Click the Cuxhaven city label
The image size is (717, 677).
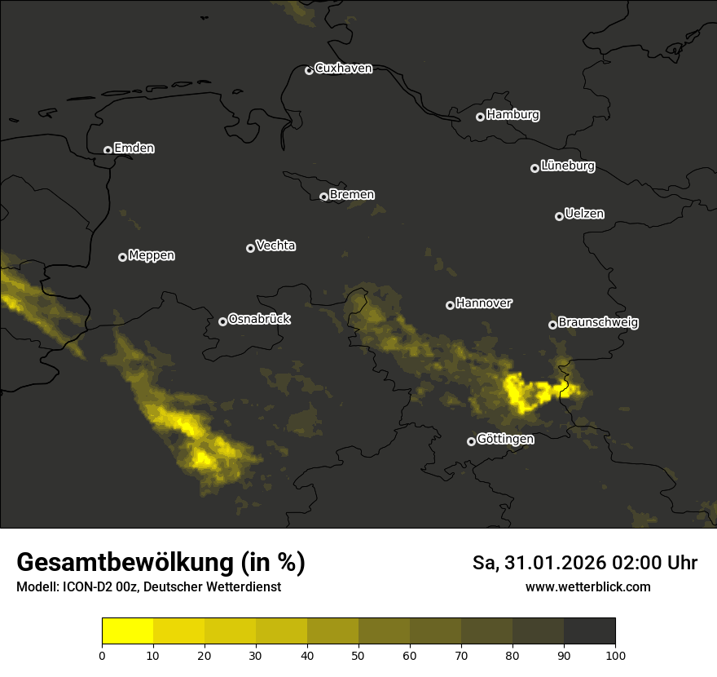point(343,69)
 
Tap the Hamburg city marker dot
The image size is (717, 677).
point(480,117)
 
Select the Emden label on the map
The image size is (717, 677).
point(134,148)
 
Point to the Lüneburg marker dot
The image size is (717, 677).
point(534,168)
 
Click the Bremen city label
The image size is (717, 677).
point(352,195)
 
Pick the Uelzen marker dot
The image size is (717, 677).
point(559,216)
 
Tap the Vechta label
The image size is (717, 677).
point(275,246)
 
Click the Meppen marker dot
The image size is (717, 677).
point(122,257)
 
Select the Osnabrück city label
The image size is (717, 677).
point(259,319)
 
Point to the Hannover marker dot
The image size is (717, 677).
point(450,305)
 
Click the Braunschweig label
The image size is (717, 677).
point(598,323)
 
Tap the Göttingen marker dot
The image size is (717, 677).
point(471,441)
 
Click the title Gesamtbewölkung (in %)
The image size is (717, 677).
point(161,563)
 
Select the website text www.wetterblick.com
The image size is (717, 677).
point(588,586)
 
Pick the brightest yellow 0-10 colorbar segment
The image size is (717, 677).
point(128,631)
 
